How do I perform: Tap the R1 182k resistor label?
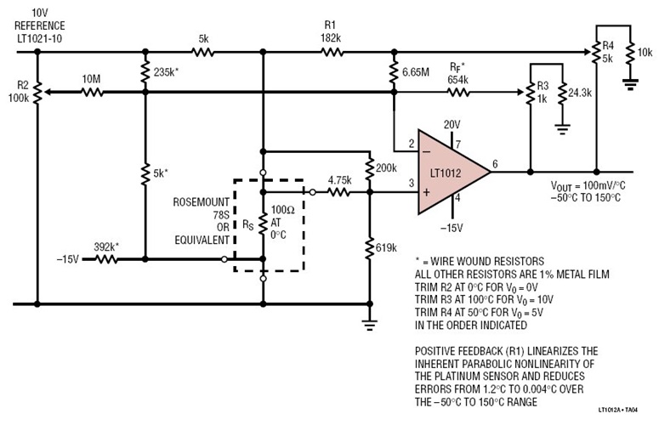(x=331, y=33)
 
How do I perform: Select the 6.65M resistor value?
(x=421, y=74)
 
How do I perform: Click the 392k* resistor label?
(x=105, y=246)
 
